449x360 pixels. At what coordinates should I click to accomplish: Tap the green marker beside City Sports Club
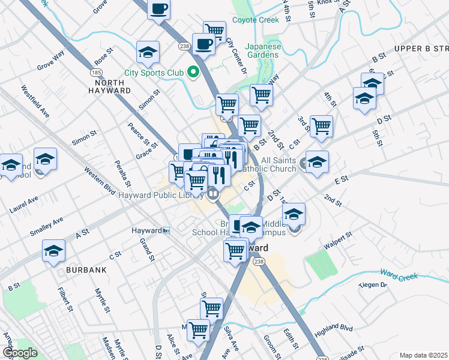(x=193, y=73)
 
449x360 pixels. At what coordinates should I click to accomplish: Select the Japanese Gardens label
(x=262, y=50)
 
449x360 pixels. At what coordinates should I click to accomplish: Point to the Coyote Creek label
(x=256, y=20)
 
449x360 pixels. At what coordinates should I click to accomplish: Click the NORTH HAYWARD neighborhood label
(x=113, y=86)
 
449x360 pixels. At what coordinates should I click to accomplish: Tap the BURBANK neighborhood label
(x=87, y=270)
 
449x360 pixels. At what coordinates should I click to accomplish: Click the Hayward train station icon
(x=167, y=230)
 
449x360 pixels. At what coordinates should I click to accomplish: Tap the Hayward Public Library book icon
(x=212, y=193)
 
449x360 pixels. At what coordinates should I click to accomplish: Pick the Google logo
(x=19, y=353)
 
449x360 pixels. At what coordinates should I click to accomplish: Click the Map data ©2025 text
(x=423, y=355)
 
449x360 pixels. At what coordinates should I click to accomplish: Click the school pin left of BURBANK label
(x=54, y=251)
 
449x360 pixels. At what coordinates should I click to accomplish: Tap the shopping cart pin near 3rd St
(x=322, y=125)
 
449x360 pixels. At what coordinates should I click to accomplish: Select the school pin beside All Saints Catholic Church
(x=317, y=161)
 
